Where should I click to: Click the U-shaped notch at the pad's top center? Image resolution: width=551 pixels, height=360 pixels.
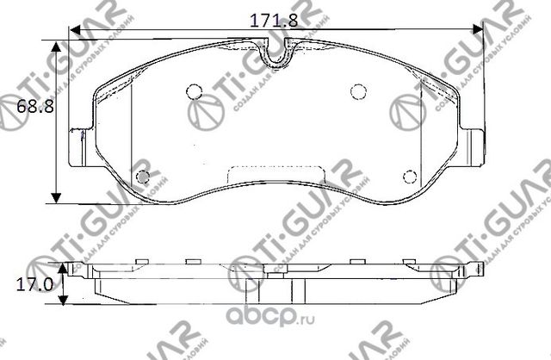(275, 54)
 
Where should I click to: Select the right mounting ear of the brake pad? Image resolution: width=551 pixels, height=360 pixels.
(472, 145)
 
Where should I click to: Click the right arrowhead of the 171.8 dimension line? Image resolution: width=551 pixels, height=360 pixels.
(477, 30)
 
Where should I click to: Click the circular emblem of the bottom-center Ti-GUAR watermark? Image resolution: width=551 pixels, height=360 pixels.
(246, 269)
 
